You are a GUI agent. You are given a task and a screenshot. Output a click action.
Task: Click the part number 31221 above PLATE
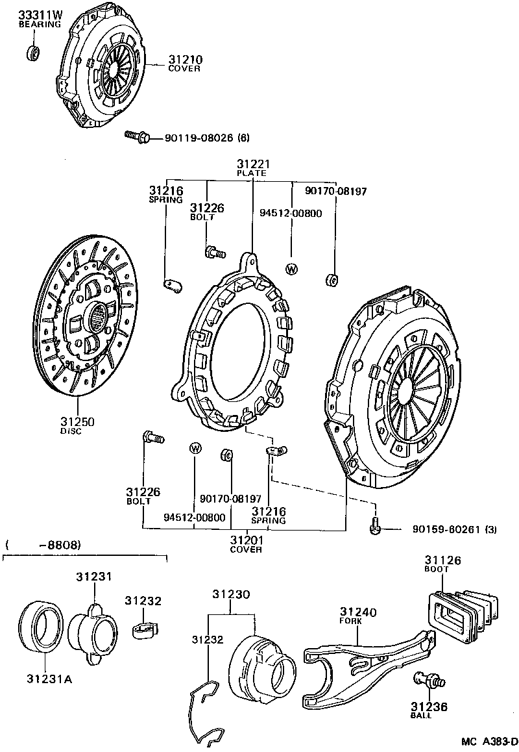[x=252, y=164]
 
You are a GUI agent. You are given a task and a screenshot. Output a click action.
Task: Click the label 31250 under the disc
[x=77, y=421]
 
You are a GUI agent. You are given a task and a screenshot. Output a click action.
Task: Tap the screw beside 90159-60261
[x=376, y=528]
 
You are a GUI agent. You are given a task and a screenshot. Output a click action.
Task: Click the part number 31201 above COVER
[x=246, y=540]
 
